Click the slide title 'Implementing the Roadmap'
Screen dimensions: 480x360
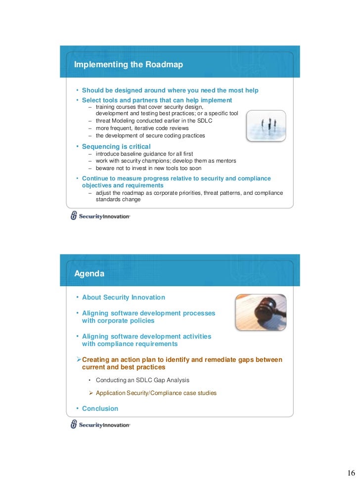tap(129, 65)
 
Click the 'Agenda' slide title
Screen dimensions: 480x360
tap(89, 273)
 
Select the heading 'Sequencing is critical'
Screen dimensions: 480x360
tap(116, 146)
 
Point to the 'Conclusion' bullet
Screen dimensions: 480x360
tap(100, 409)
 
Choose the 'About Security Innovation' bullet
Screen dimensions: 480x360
tap(123, 298)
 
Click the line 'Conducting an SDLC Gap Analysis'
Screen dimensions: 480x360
tap(142, 380)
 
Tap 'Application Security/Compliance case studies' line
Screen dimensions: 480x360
tap(156, 393)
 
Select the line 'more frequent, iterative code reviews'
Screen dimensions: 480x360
tap(142, 128)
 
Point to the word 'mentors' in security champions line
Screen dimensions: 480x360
tap(225, 161)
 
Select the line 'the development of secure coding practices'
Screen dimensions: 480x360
tap(150, 135)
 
